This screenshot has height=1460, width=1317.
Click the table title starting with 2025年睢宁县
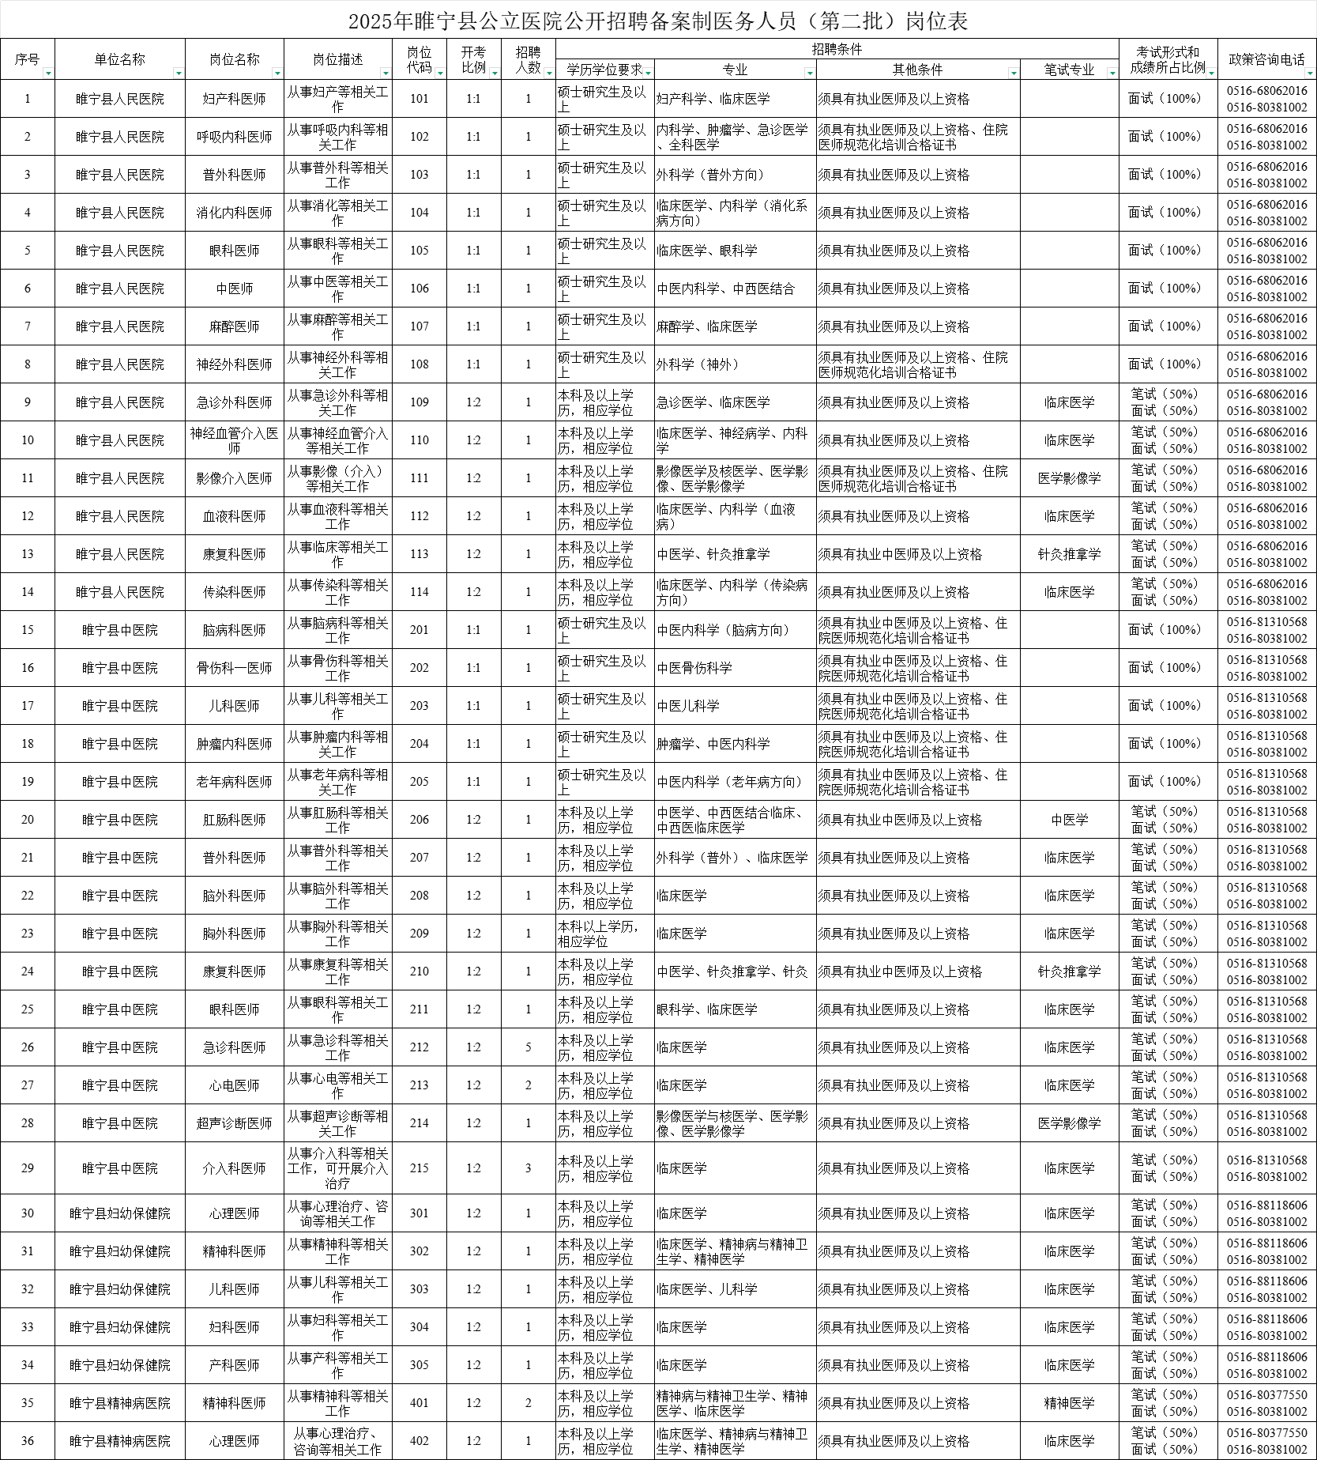(658, 21)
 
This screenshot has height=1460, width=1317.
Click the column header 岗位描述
(337, 59)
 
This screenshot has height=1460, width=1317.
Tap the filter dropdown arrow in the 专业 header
(809, 74)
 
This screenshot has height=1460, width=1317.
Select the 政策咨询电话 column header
(1266, 59)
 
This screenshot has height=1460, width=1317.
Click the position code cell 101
(420, 99)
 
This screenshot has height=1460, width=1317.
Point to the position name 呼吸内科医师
(235, 137)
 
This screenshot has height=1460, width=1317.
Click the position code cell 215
(420, 1168)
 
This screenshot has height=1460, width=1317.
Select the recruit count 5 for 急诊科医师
(529, 1047)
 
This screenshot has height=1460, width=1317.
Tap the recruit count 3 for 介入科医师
(529, 1168)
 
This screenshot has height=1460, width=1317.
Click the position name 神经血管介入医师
(235, 440)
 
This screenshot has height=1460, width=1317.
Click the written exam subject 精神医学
(1069, 1403)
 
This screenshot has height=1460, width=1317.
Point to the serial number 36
(28, 1441)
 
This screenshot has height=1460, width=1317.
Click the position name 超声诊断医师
(235, 1123)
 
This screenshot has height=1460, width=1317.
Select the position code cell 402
(420, 1441)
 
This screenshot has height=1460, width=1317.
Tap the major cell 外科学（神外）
(698, 364)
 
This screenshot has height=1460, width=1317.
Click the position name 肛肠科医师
(235, 820)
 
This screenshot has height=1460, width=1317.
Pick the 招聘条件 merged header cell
(837, 49)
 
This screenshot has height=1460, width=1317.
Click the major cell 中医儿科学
(688, 706)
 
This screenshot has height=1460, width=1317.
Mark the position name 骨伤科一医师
(235, 668)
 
